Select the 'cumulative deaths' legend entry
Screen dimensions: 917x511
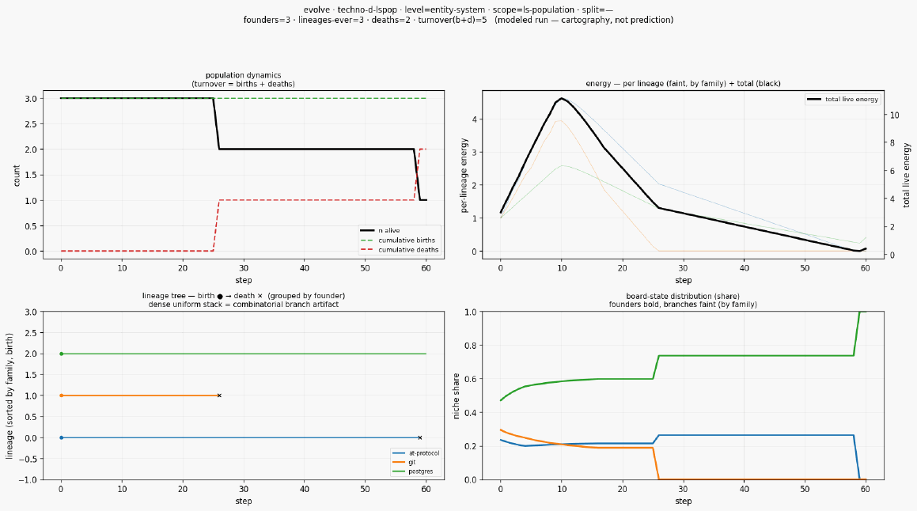pos(400,250)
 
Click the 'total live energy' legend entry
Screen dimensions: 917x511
pos(843,100)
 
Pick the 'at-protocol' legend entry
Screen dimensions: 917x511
pos(416,453)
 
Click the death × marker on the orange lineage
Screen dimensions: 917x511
pos(219,396)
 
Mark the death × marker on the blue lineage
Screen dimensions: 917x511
pos(420,438)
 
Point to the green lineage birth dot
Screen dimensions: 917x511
pos(61,354)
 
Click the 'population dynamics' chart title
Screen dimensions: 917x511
pos(243,75)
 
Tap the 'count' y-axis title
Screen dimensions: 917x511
pos(17,176)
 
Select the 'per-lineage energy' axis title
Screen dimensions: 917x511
pos(464,176)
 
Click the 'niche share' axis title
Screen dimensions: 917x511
pos(457,396)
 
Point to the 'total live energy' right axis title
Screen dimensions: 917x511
pos(907,176)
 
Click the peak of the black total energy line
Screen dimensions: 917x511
pos(561,98)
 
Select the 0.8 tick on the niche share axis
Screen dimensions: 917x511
pos(471,346)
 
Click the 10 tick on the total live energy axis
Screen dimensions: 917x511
pos(894,115)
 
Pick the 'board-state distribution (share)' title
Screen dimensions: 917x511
pos(683,296)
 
